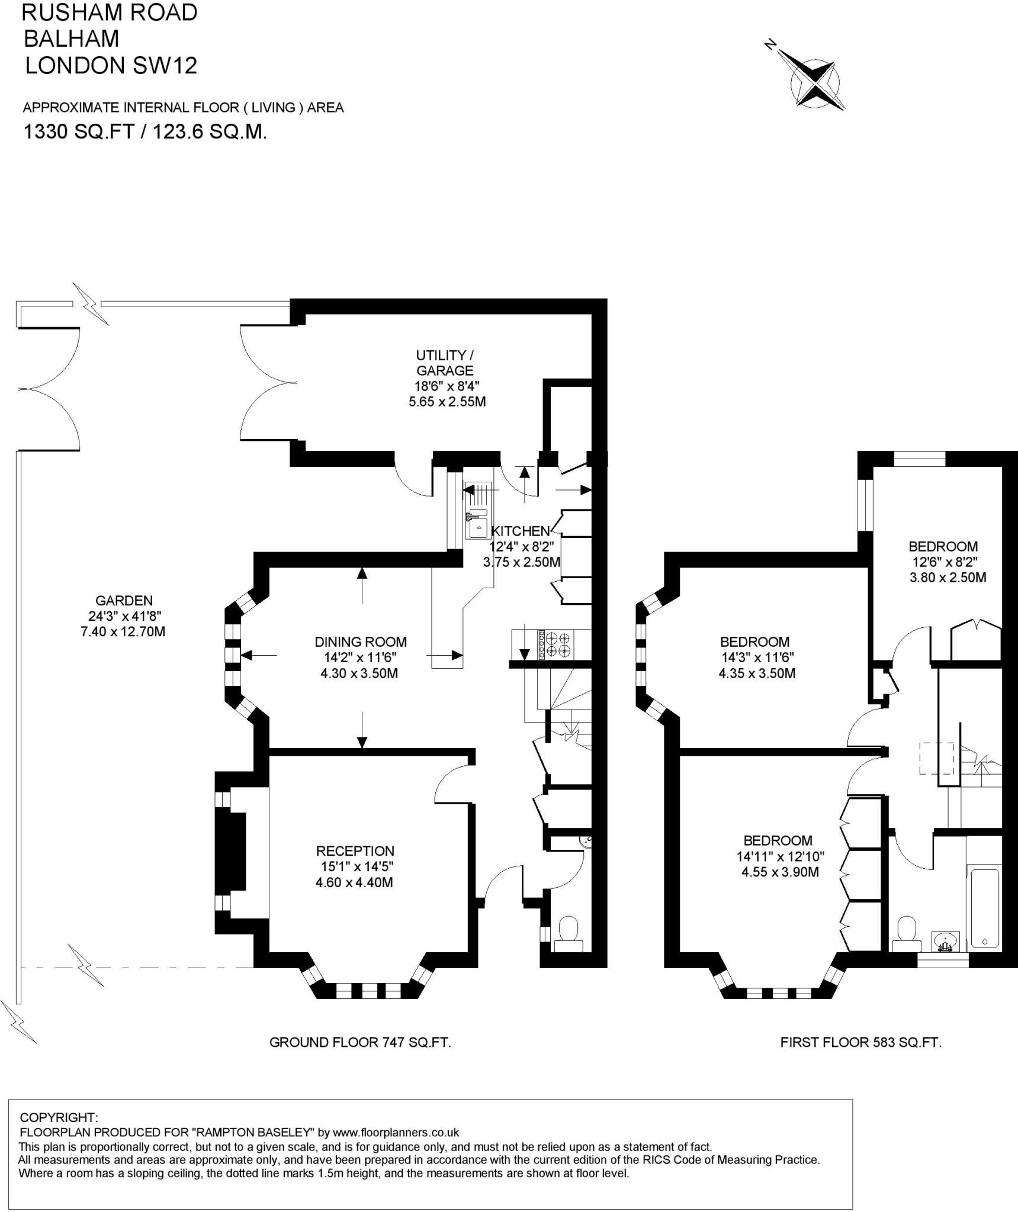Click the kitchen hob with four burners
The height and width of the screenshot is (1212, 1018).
553,644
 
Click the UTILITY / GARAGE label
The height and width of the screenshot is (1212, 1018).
445,363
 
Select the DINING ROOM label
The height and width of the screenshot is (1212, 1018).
361,642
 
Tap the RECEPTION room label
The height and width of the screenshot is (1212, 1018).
355,851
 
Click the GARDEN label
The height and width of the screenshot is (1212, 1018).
124,601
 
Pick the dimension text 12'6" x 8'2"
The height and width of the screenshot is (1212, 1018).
943,562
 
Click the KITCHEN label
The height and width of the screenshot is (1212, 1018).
521,531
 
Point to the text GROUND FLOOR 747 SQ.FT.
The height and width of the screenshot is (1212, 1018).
360,1042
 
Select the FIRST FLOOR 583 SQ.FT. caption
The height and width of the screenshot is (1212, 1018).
860,1042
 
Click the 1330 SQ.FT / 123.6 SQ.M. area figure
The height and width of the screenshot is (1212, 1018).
144,131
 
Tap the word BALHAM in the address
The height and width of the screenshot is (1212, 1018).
71,38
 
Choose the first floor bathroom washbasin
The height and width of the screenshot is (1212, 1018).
946,941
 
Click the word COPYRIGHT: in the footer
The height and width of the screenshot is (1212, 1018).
59,1118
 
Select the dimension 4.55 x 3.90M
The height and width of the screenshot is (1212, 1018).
780,872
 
